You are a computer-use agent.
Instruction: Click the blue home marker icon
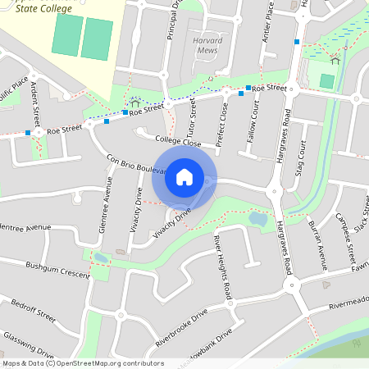click(184, 176)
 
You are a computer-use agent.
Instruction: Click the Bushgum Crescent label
click(57, 270)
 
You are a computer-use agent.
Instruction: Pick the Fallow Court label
click(252, 116)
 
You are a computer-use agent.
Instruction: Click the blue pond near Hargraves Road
click(257, 219)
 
